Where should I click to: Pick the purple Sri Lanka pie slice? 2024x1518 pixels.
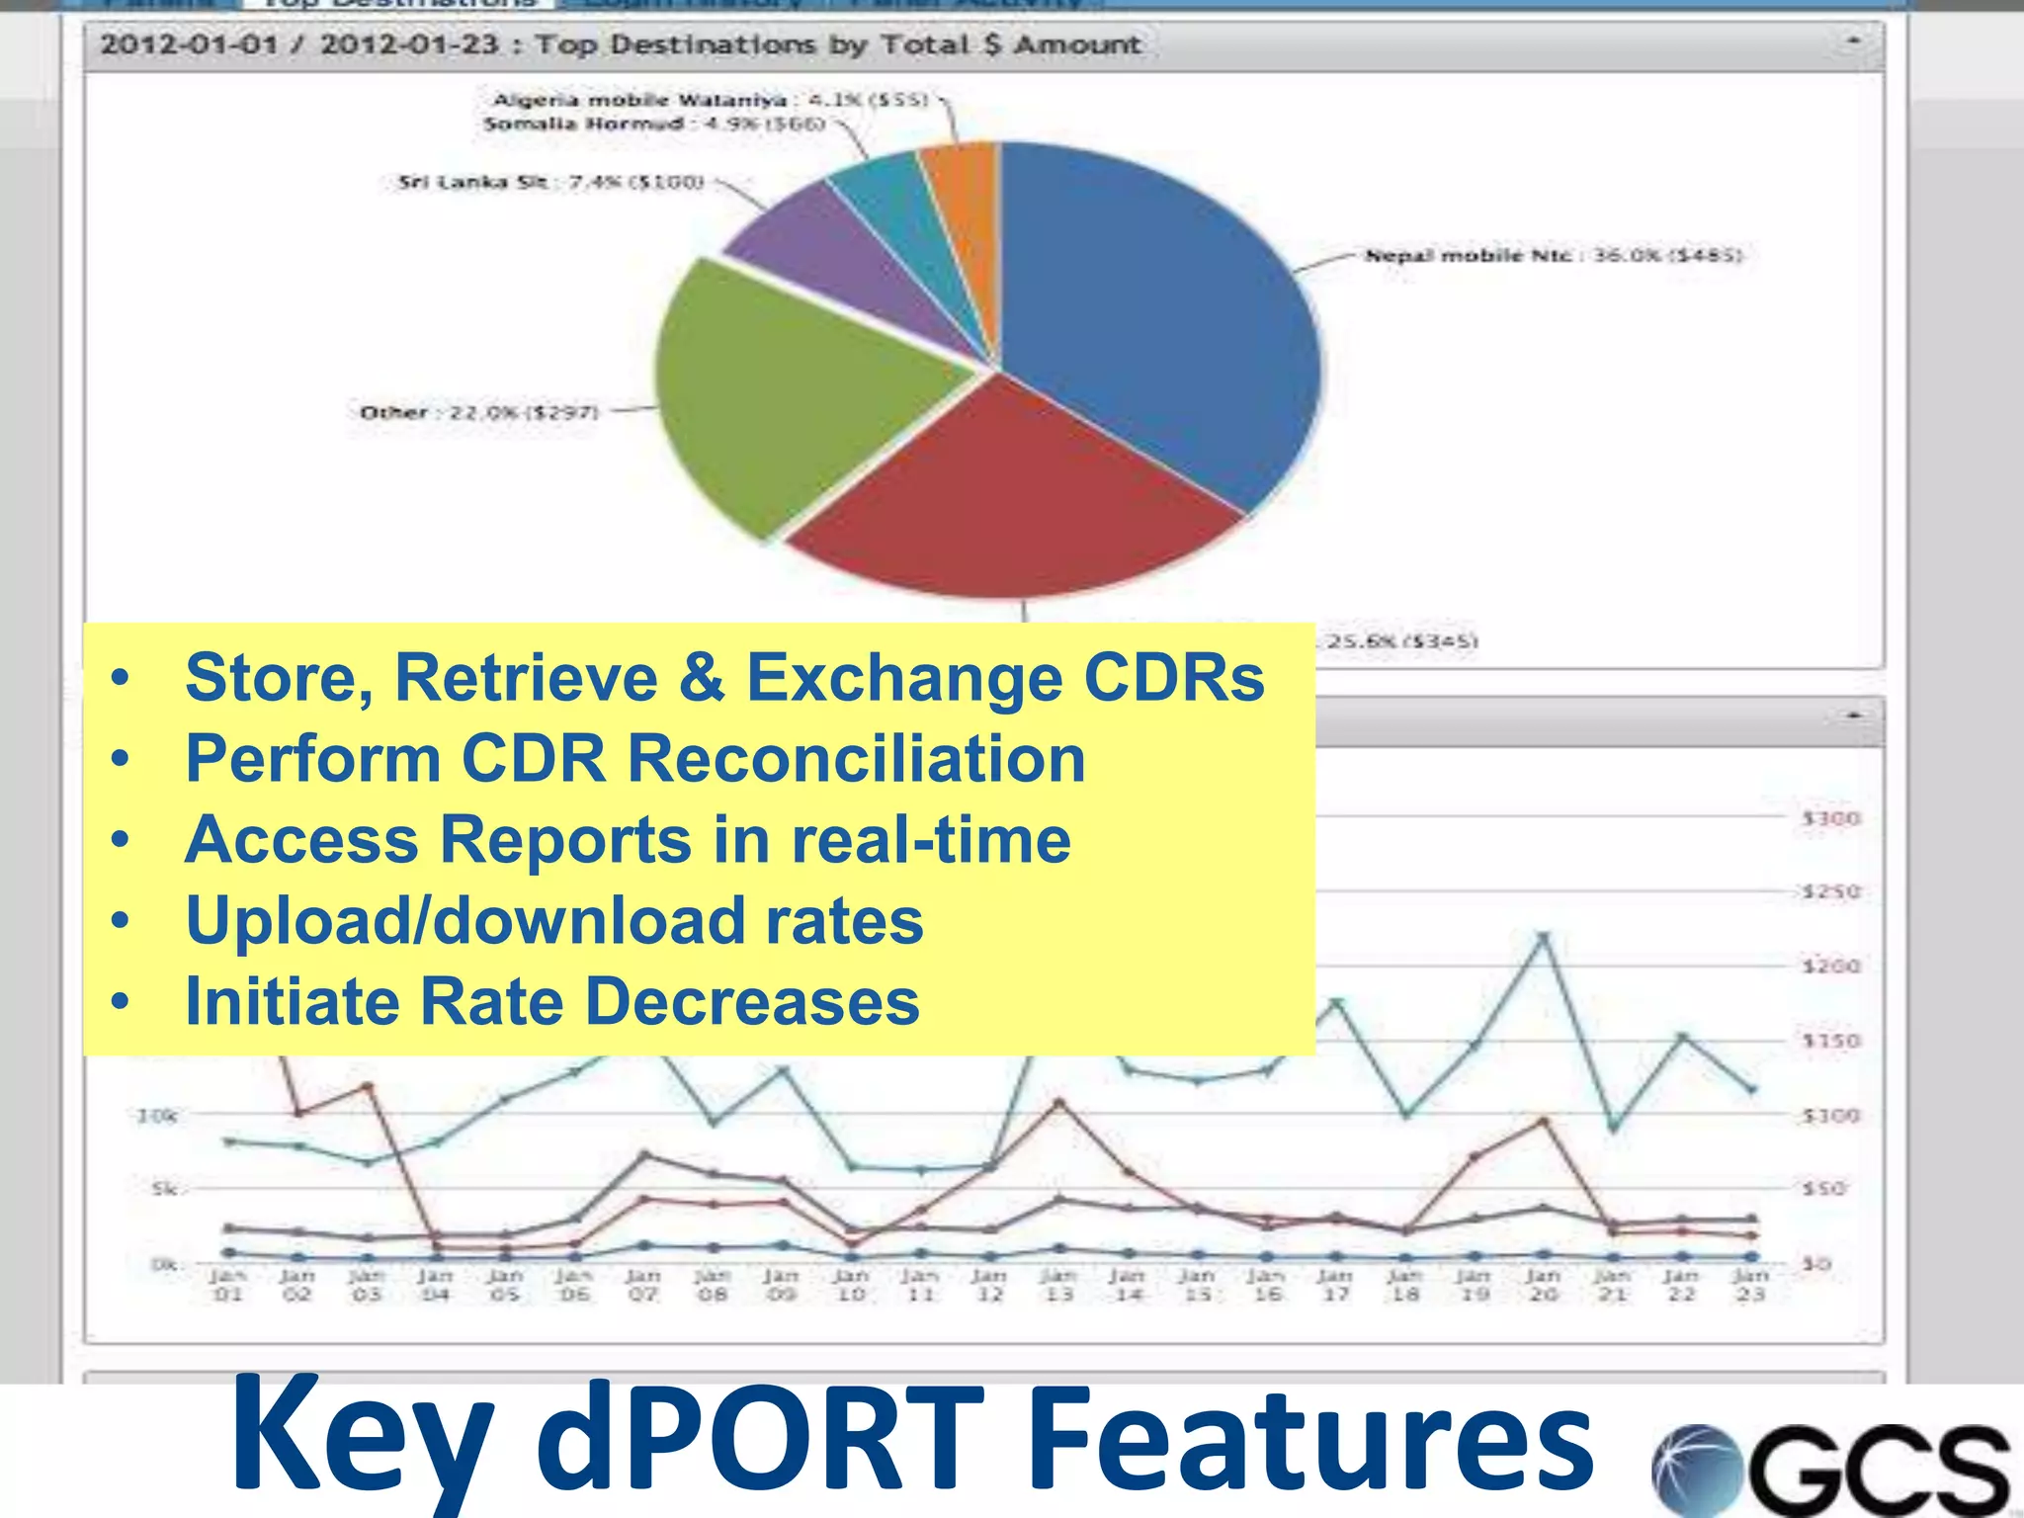[840, 257]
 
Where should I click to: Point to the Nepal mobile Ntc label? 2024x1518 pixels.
[1553, 256]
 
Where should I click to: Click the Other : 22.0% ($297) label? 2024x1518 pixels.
[479, 412]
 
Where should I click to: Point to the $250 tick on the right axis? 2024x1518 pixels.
[1830, 891]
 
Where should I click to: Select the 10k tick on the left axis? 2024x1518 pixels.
[157, 1116]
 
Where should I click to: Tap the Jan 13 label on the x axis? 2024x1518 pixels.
[1058, 1285]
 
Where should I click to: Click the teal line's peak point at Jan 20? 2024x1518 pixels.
[1544, 936]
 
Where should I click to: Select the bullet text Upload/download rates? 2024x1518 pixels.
[554, 921]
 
